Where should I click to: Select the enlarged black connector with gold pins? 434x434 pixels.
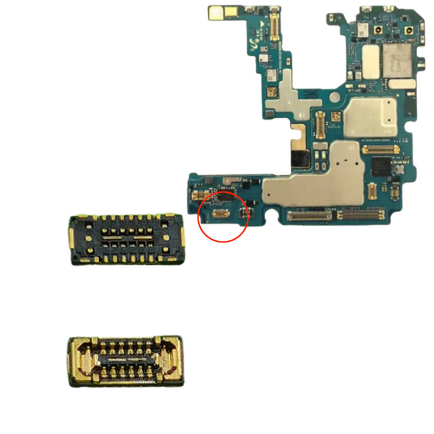[126, 239]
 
